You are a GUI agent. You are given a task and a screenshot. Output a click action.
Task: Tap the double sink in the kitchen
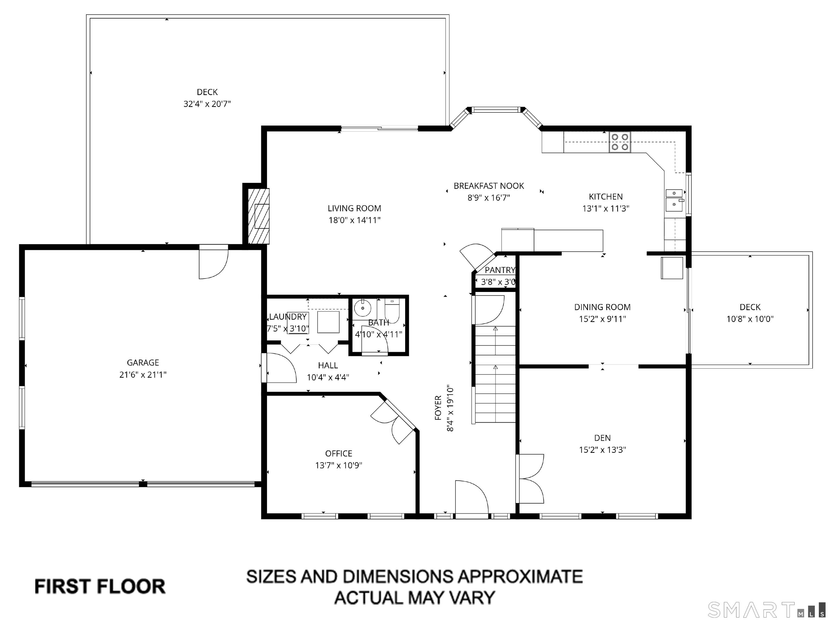coord(674,200)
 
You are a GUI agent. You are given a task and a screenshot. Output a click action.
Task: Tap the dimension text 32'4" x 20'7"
coord(207,104)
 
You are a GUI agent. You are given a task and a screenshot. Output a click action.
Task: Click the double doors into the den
coord(530,479)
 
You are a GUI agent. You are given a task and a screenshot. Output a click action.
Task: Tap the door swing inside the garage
coord(213,263)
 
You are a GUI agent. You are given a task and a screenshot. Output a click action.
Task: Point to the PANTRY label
coord(499,270)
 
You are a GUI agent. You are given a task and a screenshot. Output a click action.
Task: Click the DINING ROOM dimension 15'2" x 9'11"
coord(602,319)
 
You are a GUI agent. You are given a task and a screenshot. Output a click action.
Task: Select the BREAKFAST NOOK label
coord(489,186)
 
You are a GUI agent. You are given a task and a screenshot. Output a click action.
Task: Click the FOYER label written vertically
coord(438,408)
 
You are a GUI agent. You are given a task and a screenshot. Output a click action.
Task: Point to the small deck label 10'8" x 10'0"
coord(750,319)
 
